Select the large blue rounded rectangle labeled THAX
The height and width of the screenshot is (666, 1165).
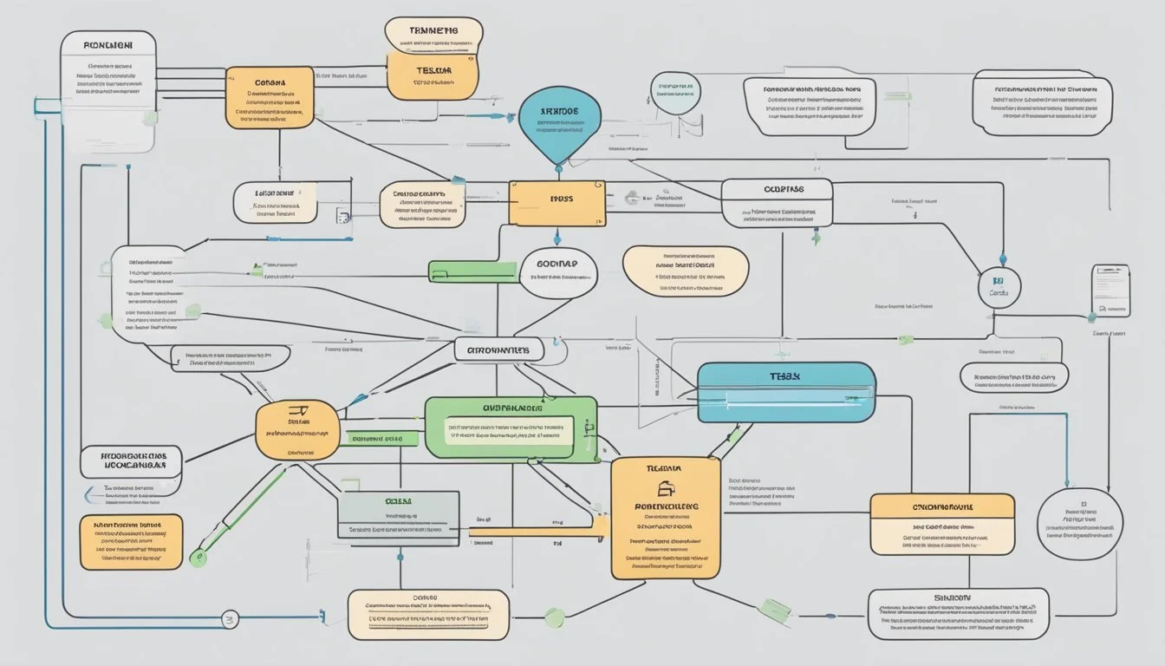tap(785, 392)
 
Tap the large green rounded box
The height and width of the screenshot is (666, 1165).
tap(511, 429)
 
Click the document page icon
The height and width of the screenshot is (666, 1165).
tap(1110, 289)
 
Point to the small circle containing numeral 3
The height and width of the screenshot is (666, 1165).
tap(230, 619)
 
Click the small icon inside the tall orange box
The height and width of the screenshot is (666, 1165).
tap(665, 489)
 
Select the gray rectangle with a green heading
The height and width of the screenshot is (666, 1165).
tap(398, 519)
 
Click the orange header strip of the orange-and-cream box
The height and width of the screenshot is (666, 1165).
tap(941, 506)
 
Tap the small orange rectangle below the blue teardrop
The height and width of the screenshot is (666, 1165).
tap(556, 204)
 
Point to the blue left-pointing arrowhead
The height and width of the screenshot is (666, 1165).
tap(87, 494)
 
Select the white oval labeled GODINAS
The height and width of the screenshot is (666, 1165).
tap(557, 272)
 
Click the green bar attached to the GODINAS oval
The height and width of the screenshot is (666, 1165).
tap(463, 271)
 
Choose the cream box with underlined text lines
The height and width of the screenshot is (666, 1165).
tap(427, 615)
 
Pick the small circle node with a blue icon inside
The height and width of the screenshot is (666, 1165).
tap(999, 288)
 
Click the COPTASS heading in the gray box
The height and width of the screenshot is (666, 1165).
tap(776, 189)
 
